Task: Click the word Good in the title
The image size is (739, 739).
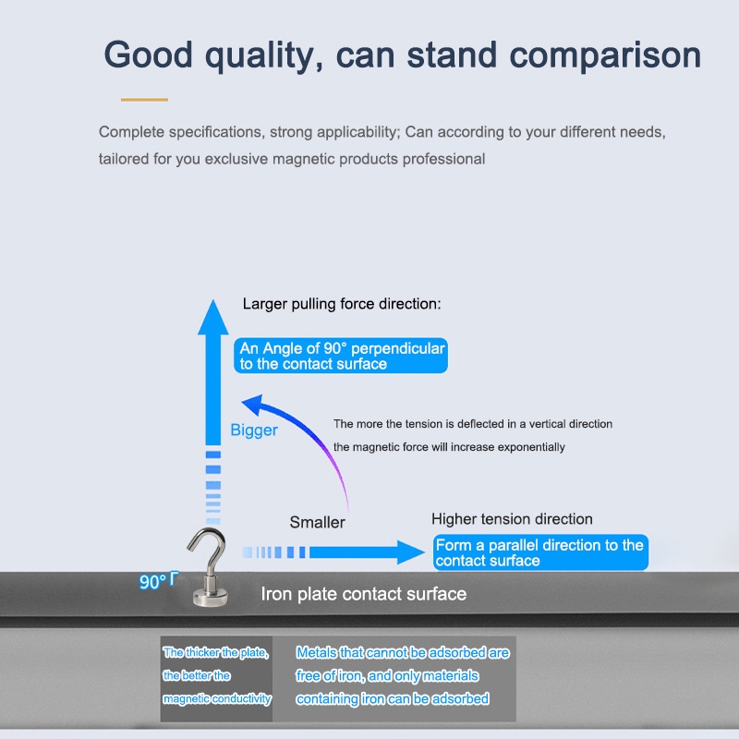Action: [x=148, y=55]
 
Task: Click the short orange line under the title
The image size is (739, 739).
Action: [x=144, y=100]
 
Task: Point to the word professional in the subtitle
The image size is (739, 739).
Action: [x=443, y=159]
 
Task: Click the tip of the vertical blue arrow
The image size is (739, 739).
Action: [x=213, y=299]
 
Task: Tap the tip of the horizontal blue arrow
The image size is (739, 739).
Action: [x=425, y=551]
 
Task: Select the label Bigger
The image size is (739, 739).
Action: [x=253, y=430]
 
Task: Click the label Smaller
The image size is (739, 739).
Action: [x=317, y=522]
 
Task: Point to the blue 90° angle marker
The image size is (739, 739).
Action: [x=159, y=581]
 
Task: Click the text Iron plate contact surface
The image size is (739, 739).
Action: [x=363, y=594]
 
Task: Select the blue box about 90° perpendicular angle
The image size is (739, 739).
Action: [x=341, y=356]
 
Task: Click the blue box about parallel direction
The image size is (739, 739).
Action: [x=540, y=552]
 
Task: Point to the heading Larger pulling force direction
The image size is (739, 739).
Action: [x=342, y=304]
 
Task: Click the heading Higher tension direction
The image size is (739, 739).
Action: [x=512, y=519]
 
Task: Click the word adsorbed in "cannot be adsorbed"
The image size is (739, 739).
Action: [x=456, y=653]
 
